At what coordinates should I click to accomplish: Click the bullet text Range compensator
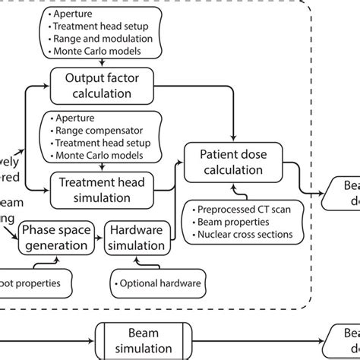point(96,130)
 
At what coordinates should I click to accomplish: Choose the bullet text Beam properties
point(232,222)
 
